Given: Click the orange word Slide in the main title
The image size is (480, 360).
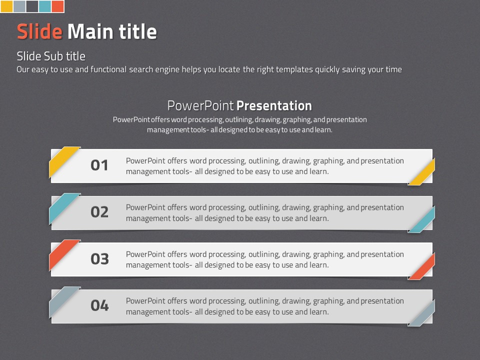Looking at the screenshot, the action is click(40, 31).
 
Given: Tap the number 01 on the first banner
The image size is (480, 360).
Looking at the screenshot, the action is click(99, 165).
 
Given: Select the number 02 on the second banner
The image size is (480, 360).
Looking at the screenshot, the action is click(99, 212).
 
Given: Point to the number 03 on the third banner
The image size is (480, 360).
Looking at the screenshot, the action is click(100, 259).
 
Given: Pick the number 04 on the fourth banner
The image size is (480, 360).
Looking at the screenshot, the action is click(100, 305).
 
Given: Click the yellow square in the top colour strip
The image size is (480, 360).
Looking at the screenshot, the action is click(6, 6).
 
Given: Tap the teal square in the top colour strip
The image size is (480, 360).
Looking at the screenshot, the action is click(44, 6).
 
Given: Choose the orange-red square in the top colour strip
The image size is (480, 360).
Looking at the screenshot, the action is click(57, 6).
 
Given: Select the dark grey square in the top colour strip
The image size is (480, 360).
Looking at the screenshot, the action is click(32, 6).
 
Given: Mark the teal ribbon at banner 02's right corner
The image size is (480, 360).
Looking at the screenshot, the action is click(422, 219).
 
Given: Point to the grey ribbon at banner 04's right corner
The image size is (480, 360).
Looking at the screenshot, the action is click(422, 313).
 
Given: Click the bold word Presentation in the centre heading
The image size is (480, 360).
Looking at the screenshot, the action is click(274, 105).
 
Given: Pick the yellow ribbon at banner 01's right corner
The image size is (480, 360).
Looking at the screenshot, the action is click(422, 172).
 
